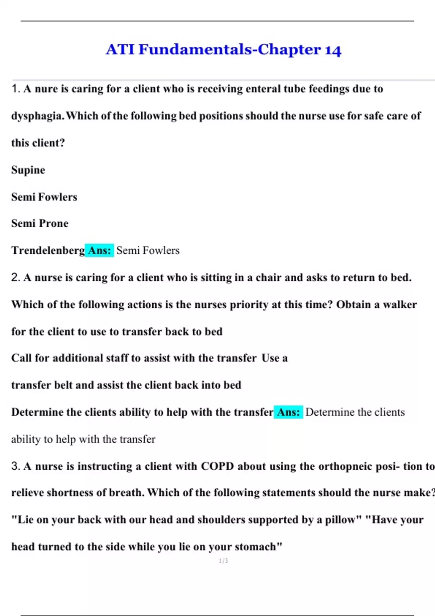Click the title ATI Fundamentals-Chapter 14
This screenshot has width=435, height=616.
click(223, 49)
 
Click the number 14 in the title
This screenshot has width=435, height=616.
click(333, 50)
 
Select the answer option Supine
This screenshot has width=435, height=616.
click(28, 170)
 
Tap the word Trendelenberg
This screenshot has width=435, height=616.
click(48, 250)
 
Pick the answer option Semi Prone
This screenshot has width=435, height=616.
click(40, 223)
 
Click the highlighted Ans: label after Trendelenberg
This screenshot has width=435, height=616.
click(100, 250)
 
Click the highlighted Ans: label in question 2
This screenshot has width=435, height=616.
click(288, 412)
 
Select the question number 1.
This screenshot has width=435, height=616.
click(15, 89)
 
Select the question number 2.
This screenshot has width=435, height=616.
click(15, 278)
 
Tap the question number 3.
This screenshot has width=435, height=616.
click(15, 466)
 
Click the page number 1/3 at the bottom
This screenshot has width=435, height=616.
click(223, 561)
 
